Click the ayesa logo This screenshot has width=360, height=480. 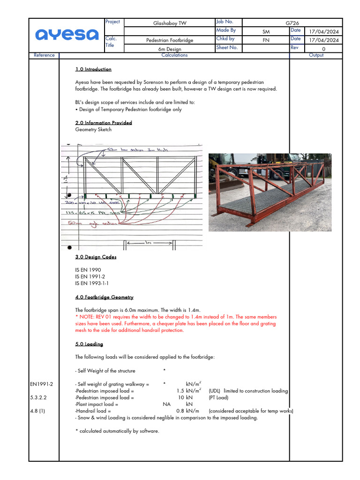67,35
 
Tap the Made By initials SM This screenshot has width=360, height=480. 266,31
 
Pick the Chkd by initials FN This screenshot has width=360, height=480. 266,40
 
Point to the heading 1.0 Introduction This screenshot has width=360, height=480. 93,69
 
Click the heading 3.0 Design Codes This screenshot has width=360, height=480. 96,257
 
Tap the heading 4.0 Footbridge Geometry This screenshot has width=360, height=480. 104,297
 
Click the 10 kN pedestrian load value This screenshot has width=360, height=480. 183,397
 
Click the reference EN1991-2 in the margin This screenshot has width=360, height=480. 42,384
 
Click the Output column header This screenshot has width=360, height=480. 316,55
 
